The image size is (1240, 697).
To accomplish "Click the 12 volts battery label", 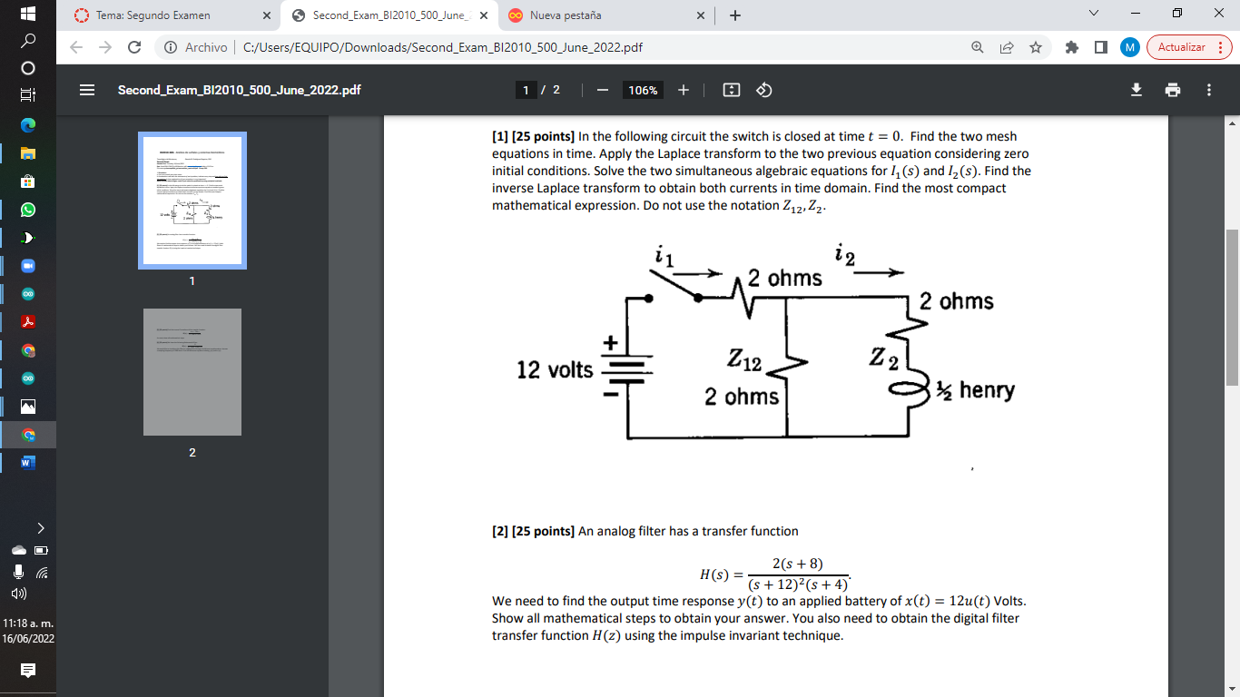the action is point(555,370).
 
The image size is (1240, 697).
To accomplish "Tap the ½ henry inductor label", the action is point(975,390).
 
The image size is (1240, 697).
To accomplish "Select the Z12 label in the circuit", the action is point(743,362).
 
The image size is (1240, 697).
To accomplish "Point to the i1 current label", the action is point(664,258).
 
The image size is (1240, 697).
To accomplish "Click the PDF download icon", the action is point(1136,90).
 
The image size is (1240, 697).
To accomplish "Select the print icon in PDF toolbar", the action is point(1173,90).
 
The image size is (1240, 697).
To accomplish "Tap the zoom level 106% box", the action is point(643,90).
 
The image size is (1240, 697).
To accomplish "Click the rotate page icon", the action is point(763,90).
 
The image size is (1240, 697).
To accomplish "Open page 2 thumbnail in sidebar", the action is point(192,372).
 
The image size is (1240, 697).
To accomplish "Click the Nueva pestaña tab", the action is point(565,15).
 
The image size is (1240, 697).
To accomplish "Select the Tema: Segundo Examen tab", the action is point(154,15).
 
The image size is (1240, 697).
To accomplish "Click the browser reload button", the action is point(134,47).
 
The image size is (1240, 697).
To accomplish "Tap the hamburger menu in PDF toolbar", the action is point(87,90).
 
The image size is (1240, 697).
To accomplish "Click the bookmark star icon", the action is point(1036,47).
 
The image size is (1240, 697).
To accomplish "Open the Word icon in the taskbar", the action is point(27,463).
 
